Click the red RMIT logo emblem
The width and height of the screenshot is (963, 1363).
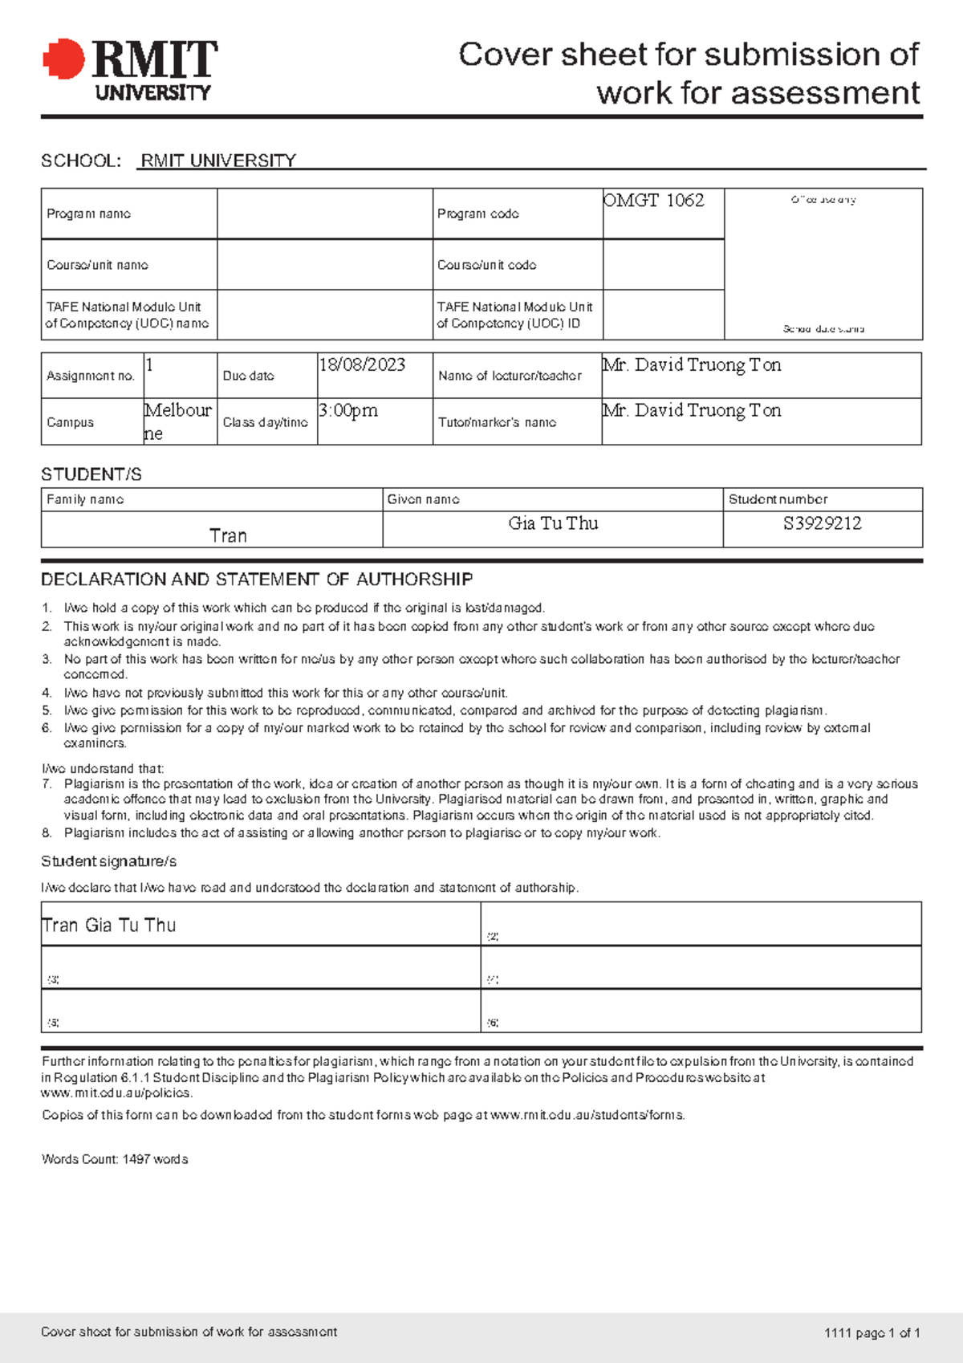[x=63, y=59]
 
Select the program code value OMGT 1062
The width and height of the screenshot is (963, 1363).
[x=653, y=201]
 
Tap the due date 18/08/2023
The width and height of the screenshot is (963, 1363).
[x=362, y=365]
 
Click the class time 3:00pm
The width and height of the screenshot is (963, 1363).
[x=347, y=411]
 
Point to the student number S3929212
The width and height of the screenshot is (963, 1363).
[x=822, y=524]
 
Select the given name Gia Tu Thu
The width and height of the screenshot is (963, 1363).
[x=553, y=524]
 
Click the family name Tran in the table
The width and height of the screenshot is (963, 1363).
[x=228, y=536]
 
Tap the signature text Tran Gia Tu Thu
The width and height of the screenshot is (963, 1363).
[x=108, y=926]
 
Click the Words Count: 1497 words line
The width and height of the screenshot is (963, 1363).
[x=115, y=1159]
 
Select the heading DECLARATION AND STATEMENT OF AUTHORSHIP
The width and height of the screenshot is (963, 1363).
[x=257, y=580]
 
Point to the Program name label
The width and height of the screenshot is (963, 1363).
[x=88, y=214]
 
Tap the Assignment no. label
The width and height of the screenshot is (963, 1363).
[x=90, y=376]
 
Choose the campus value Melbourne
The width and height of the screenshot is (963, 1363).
[x=177, y=421]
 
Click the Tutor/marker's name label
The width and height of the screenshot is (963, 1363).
[x=497, y=422]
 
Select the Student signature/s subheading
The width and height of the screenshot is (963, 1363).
[x=108, y=861]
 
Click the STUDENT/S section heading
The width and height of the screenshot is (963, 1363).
[x=91, y=474]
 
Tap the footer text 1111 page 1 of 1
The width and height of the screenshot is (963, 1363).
[x=872, y=1333]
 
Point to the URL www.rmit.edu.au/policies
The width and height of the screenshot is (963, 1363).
[x=116, y=1093]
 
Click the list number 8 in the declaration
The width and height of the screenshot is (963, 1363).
[x=47, y=833]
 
